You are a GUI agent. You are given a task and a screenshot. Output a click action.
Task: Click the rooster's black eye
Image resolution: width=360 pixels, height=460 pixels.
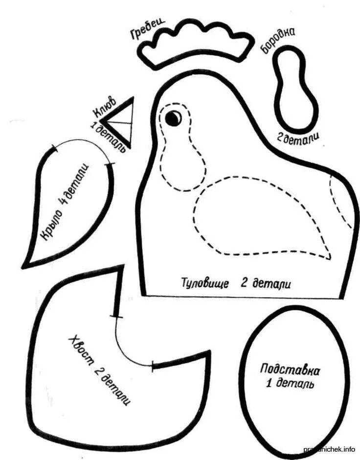point(173,117)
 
